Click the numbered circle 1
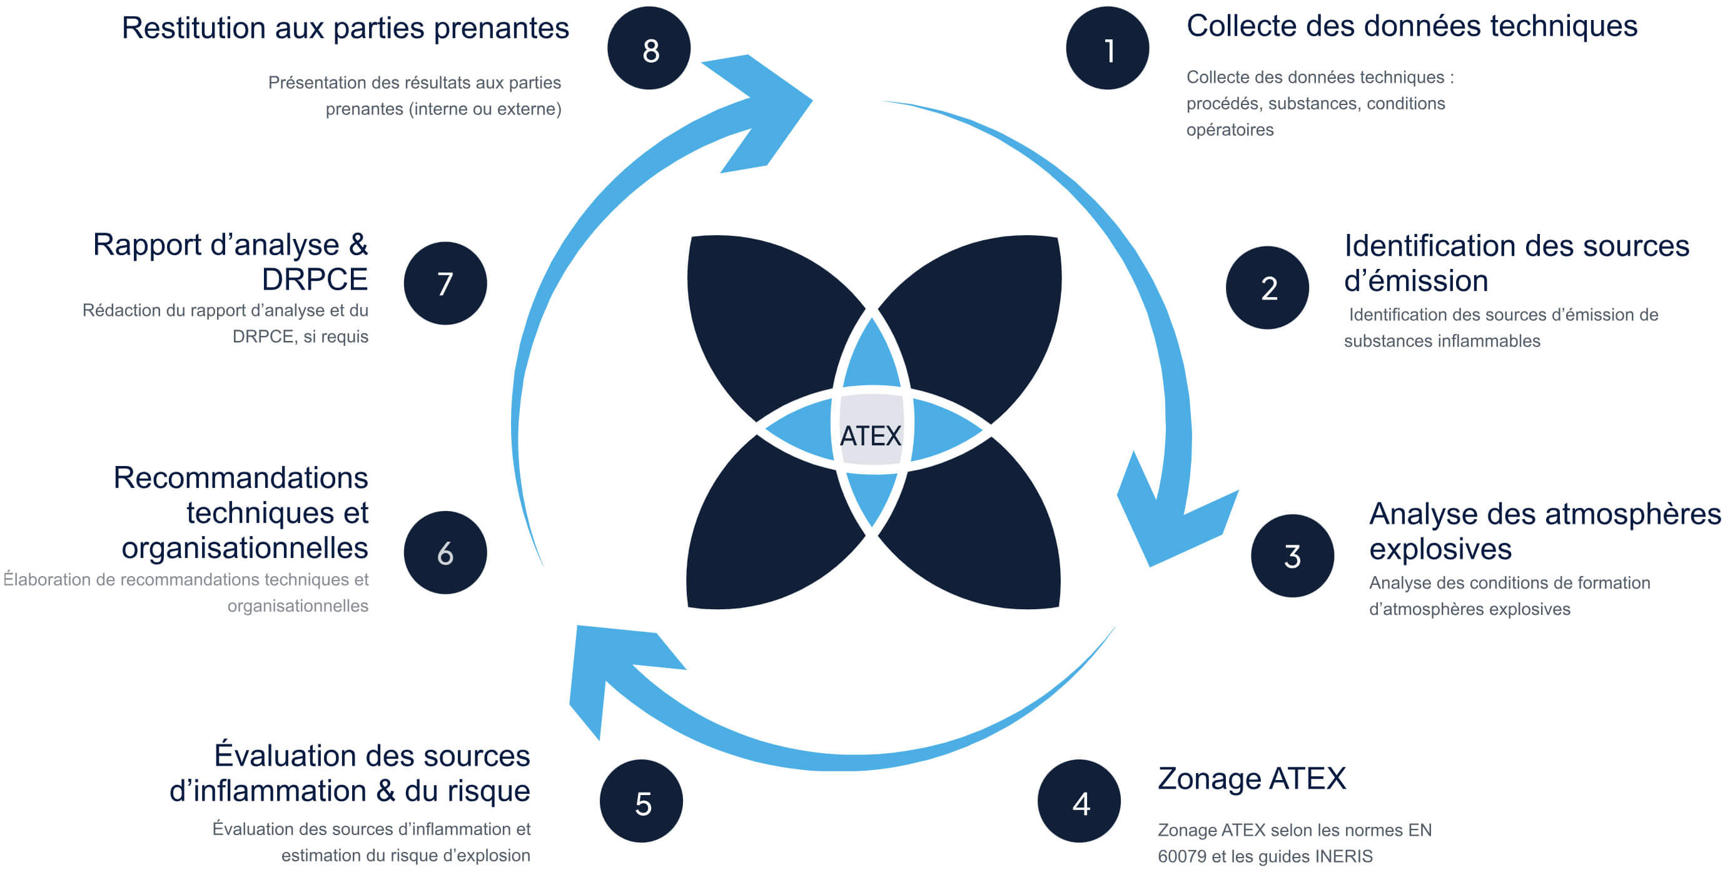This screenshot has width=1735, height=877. coord(1107,49)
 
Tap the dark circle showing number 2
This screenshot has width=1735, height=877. coord(1267,288)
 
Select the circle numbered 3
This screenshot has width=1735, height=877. coord(1292,555)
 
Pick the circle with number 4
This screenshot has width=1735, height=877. coord(1079,801)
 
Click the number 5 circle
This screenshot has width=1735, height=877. coord(641,801)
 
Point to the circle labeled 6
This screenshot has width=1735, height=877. coord(445,552)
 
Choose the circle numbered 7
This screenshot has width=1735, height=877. coord(445,283)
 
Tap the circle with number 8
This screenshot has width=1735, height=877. coord(649,49)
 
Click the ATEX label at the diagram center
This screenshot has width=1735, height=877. coord(870,436)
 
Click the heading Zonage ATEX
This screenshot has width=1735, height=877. coord(1252,779)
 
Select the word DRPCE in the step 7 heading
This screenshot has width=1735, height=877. coord(315,280)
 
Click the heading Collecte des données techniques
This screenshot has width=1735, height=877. coord(1411,27)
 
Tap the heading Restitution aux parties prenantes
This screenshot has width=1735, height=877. coord(345,28)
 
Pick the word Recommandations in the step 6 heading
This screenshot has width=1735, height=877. coord(240,477)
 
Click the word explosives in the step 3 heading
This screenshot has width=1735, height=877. coord(1440,549)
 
